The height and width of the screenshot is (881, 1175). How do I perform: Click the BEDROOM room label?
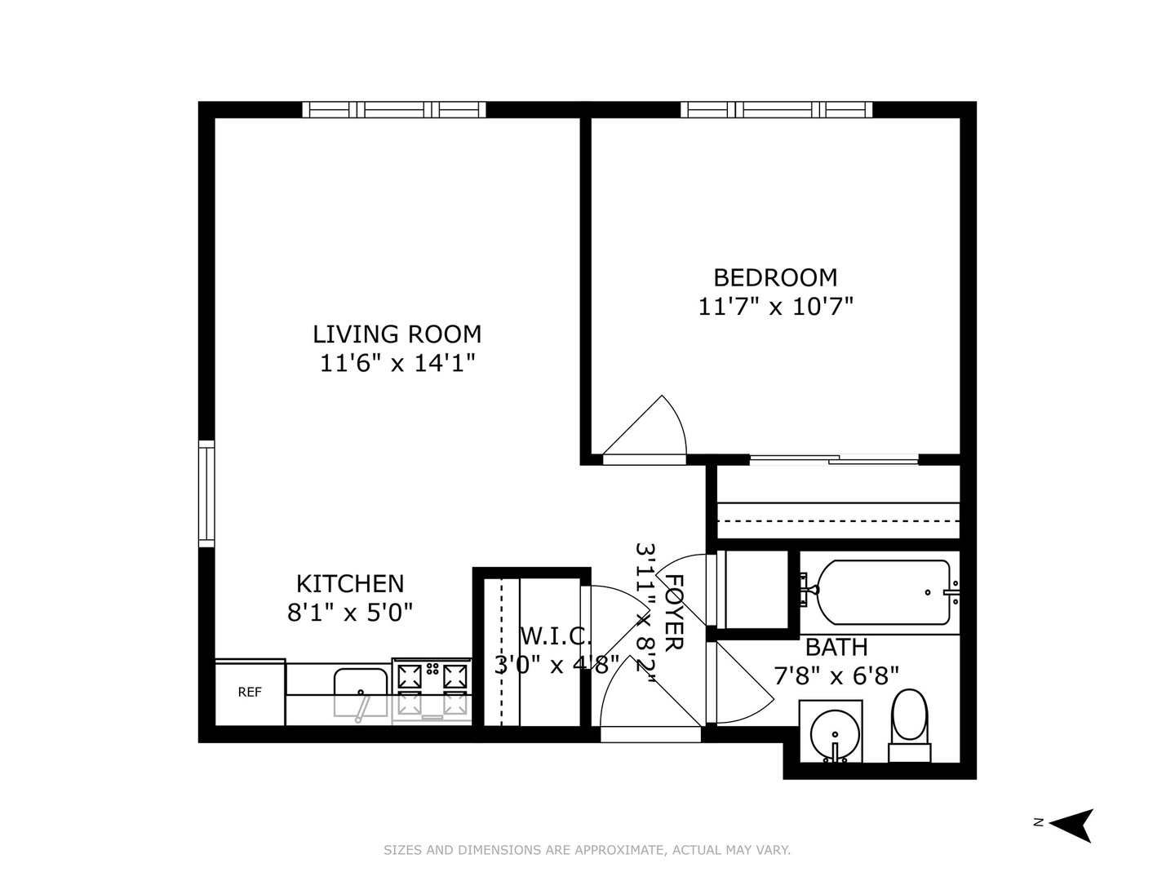pyautogui.click(x=775, y=277)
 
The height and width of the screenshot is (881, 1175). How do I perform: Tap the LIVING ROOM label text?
pyautogui.click(x=397, y=334)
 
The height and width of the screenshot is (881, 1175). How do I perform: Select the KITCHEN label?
pyautogui.click(x=349, y=584)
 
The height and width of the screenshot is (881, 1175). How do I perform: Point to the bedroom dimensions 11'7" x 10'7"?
pyautogui.click(x=775, y=307)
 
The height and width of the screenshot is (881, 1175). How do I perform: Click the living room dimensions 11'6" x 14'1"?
pyautogui.click(x=397, y=363)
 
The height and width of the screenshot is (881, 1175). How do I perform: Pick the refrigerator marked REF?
pyautogui.click(x=250, y=693)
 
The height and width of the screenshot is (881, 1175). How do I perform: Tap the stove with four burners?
pyautogui.click(x=431, y=689)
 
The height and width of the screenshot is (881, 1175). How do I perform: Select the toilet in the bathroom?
pyautogui.click(x=909, y=724)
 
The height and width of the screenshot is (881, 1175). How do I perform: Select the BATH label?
pyautogui.click(x=836, y=648)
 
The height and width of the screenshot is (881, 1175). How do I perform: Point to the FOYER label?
pyautogui.click(x=674, y=612)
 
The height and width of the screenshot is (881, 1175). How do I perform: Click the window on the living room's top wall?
pyautogui.click(x=394, y=110)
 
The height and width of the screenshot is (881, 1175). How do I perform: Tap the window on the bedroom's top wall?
pyautogui.click(x=776, y=110)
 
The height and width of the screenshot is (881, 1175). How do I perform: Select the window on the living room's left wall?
pyautogui.click(x=206, y=494)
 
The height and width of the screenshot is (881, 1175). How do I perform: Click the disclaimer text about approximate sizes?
pyautogui.click(x=587, y=850)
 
